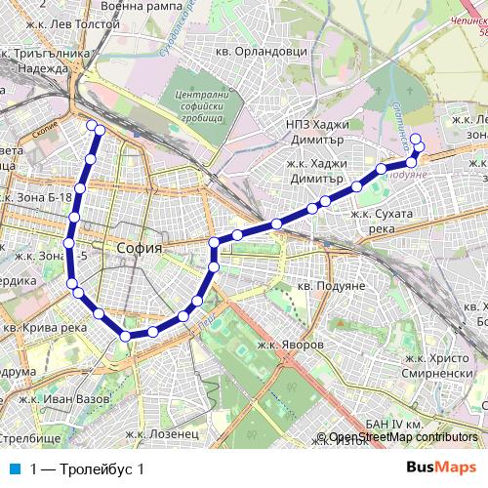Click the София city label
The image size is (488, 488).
click(x=138, y=248)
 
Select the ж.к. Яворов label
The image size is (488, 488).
click(x=290, y=345)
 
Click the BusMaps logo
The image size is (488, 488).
click(x=441, y=468)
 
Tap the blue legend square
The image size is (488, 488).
click(x=13, y=469)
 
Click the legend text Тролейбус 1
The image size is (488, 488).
click(x=88, y=469)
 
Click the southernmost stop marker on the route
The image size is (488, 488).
click(x=126, y=336)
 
